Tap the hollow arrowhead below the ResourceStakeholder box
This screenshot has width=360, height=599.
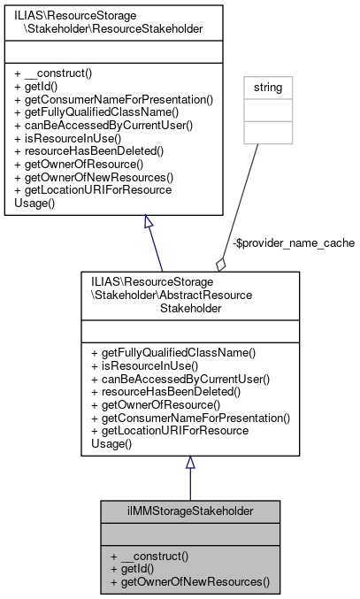149,223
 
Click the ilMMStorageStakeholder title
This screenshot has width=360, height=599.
190,511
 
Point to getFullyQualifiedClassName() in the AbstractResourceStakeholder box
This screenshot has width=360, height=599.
172,353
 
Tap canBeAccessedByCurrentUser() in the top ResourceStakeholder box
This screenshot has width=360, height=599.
104,126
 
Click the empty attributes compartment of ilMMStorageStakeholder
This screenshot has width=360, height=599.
190,534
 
